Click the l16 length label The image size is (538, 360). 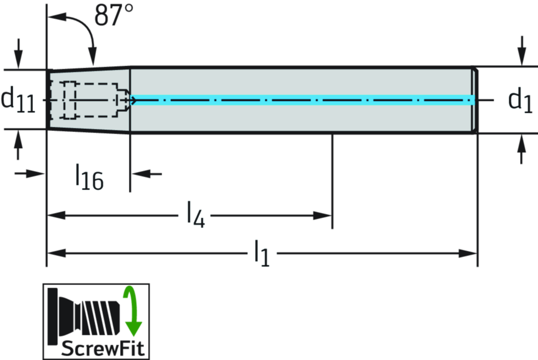88,177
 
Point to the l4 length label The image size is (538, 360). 194,215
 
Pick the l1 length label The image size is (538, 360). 262,253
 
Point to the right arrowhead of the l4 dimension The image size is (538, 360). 322,215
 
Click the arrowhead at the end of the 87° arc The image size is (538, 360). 92,59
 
